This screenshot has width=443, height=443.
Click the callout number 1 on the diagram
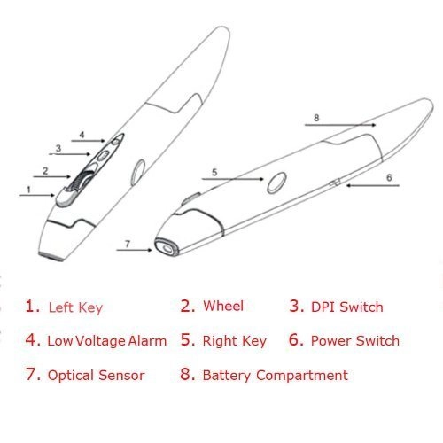click(27, 189)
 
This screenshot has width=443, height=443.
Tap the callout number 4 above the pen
click(81, 136)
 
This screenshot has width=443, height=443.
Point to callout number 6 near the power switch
click(387, 177)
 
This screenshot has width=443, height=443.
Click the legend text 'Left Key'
click(75, 308)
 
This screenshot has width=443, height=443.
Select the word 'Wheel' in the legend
click(223, 307)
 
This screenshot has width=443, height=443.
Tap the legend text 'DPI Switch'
click(348, 307)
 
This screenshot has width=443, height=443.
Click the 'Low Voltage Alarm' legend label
click(107, 340)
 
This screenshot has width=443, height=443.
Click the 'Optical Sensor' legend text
click(96, 375)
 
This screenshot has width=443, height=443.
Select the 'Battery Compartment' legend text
click(275, 375)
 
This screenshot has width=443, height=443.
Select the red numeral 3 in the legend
click(295, 307)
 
